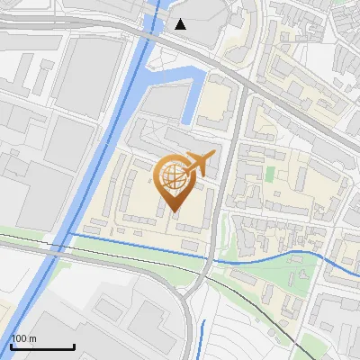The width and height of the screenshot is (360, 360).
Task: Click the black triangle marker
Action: (181, 24)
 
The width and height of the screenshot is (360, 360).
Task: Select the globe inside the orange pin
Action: (172, 175)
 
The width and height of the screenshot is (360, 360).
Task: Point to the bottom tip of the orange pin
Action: (173, 211)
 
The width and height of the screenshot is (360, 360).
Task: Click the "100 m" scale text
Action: (24, 338)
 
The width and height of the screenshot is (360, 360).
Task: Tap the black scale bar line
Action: (41, 346)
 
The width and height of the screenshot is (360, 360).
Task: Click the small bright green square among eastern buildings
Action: (270, 172)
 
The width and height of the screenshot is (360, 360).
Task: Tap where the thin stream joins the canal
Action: (70, 235)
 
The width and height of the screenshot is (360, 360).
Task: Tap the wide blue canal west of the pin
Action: (99, 162)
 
